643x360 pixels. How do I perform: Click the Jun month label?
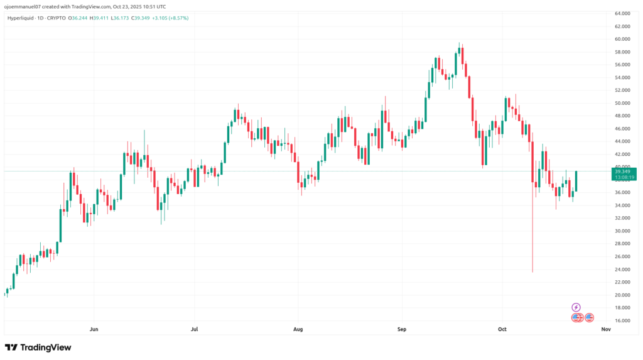point(94,329)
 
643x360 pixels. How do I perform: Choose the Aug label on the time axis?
point(298,329)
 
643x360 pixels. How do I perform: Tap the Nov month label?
point(605,329)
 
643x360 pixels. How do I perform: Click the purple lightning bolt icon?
point(576,307)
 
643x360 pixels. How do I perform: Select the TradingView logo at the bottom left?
point(38,347)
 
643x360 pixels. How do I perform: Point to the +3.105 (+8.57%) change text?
point(170,18)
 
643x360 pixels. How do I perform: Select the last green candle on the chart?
point(576,181)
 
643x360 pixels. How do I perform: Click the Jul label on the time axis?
point(194,329)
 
